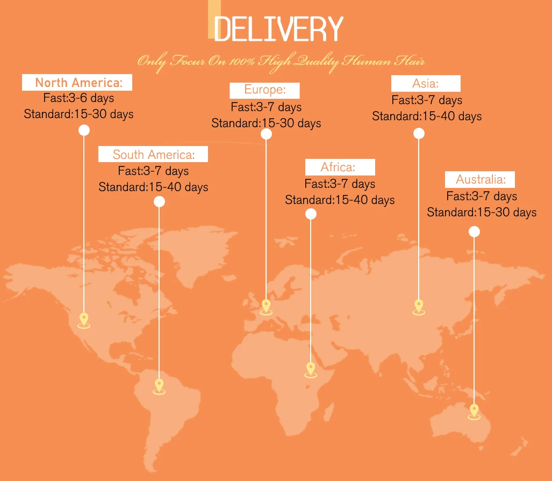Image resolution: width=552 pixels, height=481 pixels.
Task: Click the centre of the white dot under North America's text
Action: [x=84, y=130]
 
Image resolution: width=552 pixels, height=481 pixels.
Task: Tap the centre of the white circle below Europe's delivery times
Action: [x=266, y=134]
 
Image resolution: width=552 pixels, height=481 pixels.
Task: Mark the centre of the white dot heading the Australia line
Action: [x=474, y=231]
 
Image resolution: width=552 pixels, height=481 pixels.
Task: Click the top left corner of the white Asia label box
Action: [x=391, y=75]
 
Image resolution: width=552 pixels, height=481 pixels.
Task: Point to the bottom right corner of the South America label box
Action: [x=208, y=162]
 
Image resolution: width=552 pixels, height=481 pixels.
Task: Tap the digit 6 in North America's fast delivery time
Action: [x=83, y=97]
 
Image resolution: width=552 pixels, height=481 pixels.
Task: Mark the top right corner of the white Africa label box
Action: [x=375, y=159]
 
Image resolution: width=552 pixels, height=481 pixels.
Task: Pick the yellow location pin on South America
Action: [x=159, y=387]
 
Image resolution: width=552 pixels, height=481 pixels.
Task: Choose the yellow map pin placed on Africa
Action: [x=311, y=370]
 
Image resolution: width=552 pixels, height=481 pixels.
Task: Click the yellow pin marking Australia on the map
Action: [x=474, y=412]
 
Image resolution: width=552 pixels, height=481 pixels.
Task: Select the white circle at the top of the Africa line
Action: [x=311, y=214]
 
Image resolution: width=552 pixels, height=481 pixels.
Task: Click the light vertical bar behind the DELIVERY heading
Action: [x=214, y=19]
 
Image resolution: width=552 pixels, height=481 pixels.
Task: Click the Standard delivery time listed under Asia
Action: [x=427, y=116]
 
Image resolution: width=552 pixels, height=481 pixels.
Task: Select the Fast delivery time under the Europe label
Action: [x=266, y=107]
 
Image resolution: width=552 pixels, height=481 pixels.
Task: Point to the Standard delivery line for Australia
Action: [x=482, y=213]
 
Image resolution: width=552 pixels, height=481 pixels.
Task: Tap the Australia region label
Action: [x=480, y=180]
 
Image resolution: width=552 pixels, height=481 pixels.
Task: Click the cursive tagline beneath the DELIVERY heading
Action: [x=281, y=62]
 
